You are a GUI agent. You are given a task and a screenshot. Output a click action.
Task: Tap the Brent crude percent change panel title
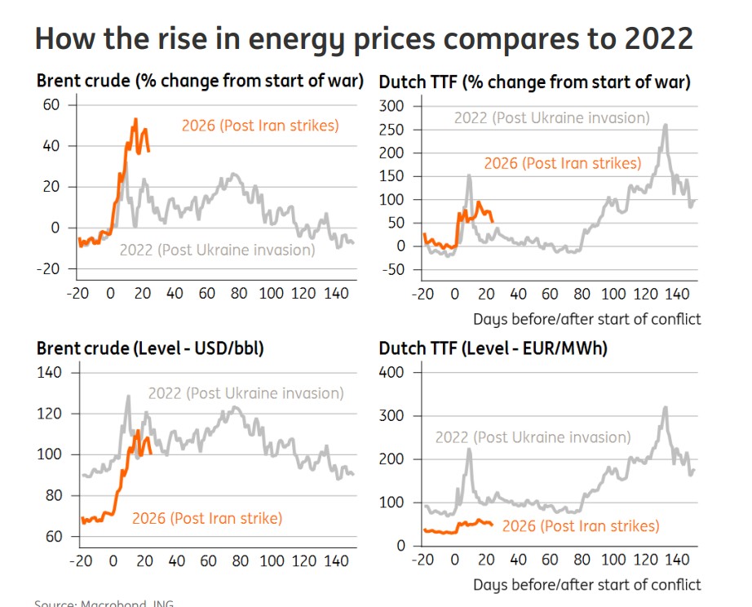(200, 82)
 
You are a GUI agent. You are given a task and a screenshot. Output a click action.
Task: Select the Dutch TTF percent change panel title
(534, 82)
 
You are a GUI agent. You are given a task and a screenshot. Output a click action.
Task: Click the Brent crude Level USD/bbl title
(150, 348)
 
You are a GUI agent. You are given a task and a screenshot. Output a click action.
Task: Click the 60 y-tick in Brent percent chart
(51, 104)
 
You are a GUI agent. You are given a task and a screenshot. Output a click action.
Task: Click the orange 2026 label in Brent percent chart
(259, 126)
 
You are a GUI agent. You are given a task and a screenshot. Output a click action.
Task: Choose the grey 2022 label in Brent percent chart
(217, 250)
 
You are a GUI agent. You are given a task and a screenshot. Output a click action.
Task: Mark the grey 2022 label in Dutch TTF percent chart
(551, 117)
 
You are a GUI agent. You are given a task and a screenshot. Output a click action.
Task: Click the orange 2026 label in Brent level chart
(206, 518)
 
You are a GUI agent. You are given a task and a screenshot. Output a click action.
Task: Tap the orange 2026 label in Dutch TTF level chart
(580, 526)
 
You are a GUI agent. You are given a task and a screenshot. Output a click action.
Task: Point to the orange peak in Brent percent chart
(135, 119)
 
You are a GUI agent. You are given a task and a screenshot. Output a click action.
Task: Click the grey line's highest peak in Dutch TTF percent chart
(666, 125)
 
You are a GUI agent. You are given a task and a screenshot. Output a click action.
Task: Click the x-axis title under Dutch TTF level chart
(586, 584)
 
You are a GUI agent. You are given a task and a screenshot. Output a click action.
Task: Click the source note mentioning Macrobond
(104, 604)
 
